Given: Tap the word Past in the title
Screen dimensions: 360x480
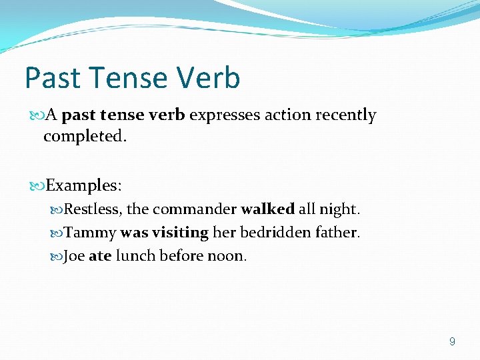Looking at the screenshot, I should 52,78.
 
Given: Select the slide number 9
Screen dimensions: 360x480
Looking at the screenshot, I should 453,341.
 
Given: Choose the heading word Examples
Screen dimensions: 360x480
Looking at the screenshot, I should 83,184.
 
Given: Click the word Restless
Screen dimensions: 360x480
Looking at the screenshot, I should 93,209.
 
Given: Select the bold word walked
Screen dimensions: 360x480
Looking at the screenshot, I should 267,209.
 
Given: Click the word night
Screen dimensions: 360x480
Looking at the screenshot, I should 339,209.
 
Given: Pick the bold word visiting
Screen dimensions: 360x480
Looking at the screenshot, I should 180,233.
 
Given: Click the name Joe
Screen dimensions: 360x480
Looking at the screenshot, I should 74,256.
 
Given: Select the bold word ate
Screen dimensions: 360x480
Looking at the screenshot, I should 100,256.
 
